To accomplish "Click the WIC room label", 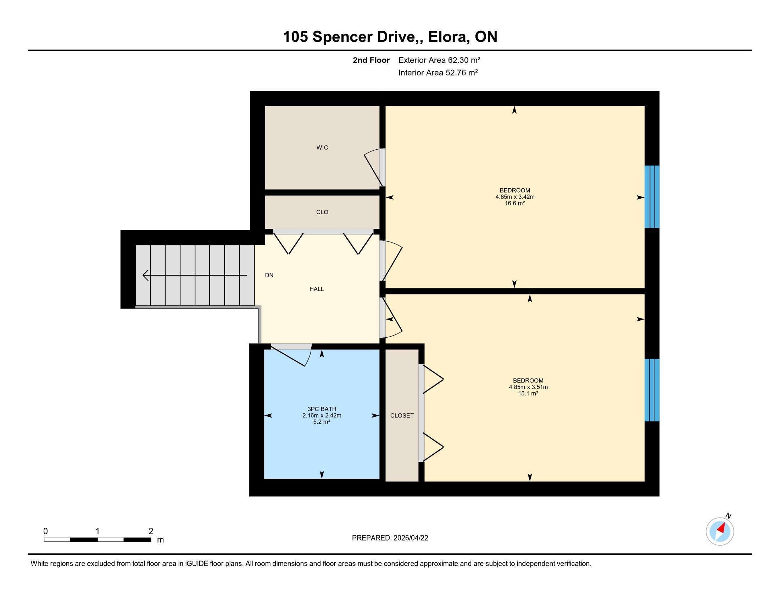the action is click(x=322, y=148).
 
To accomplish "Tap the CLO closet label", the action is click(x=322, y=212).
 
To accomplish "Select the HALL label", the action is click(x=317, y=289).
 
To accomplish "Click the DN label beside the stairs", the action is click(x=269, y=275).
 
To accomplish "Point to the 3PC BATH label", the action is click(x=322, y=409).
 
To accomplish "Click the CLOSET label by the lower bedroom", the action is click(x=402, y=415).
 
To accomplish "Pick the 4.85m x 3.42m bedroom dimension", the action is click(x=515, y=197).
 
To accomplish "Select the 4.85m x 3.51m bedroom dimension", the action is click(x=528, y=387).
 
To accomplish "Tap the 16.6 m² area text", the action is click(x=515, y=203).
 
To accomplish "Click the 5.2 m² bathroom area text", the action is click(x=322, y=422).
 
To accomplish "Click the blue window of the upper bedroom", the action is click(x=652, y=197).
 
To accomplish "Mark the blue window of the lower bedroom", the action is click(x=652, y=390).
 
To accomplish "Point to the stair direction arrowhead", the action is click(x=145, y=275).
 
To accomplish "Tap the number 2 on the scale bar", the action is click(x=151, y=531).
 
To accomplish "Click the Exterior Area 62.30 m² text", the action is click(x=439, y=60).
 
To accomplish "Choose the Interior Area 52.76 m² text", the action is click(x=438, y=72).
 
